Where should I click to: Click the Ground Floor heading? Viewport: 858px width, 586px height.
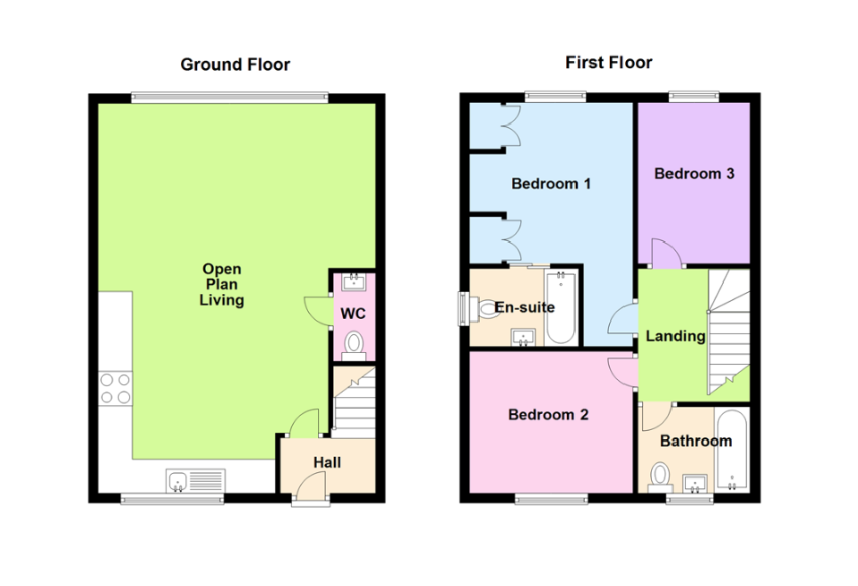235,65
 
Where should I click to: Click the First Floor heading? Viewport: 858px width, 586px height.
608,63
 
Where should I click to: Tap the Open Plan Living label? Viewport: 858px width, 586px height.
221,285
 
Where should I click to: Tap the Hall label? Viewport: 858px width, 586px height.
326,462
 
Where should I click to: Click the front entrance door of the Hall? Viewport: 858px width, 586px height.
311,488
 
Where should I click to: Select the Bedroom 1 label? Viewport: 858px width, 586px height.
551,184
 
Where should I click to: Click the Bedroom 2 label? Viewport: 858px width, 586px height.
548,415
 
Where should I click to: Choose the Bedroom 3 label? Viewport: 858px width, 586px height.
694,174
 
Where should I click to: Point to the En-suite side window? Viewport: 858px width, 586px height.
463,308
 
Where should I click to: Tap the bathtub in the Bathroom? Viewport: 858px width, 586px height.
732,452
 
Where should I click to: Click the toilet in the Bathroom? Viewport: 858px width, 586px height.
661,474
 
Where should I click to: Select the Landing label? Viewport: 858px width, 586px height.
675,336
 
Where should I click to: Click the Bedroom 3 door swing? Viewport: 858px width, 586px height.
665,254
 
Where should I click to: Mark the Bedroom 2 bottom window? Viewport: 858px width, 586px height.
550,498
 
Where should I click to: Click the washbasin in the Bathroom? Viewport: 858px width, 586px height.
695,484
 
